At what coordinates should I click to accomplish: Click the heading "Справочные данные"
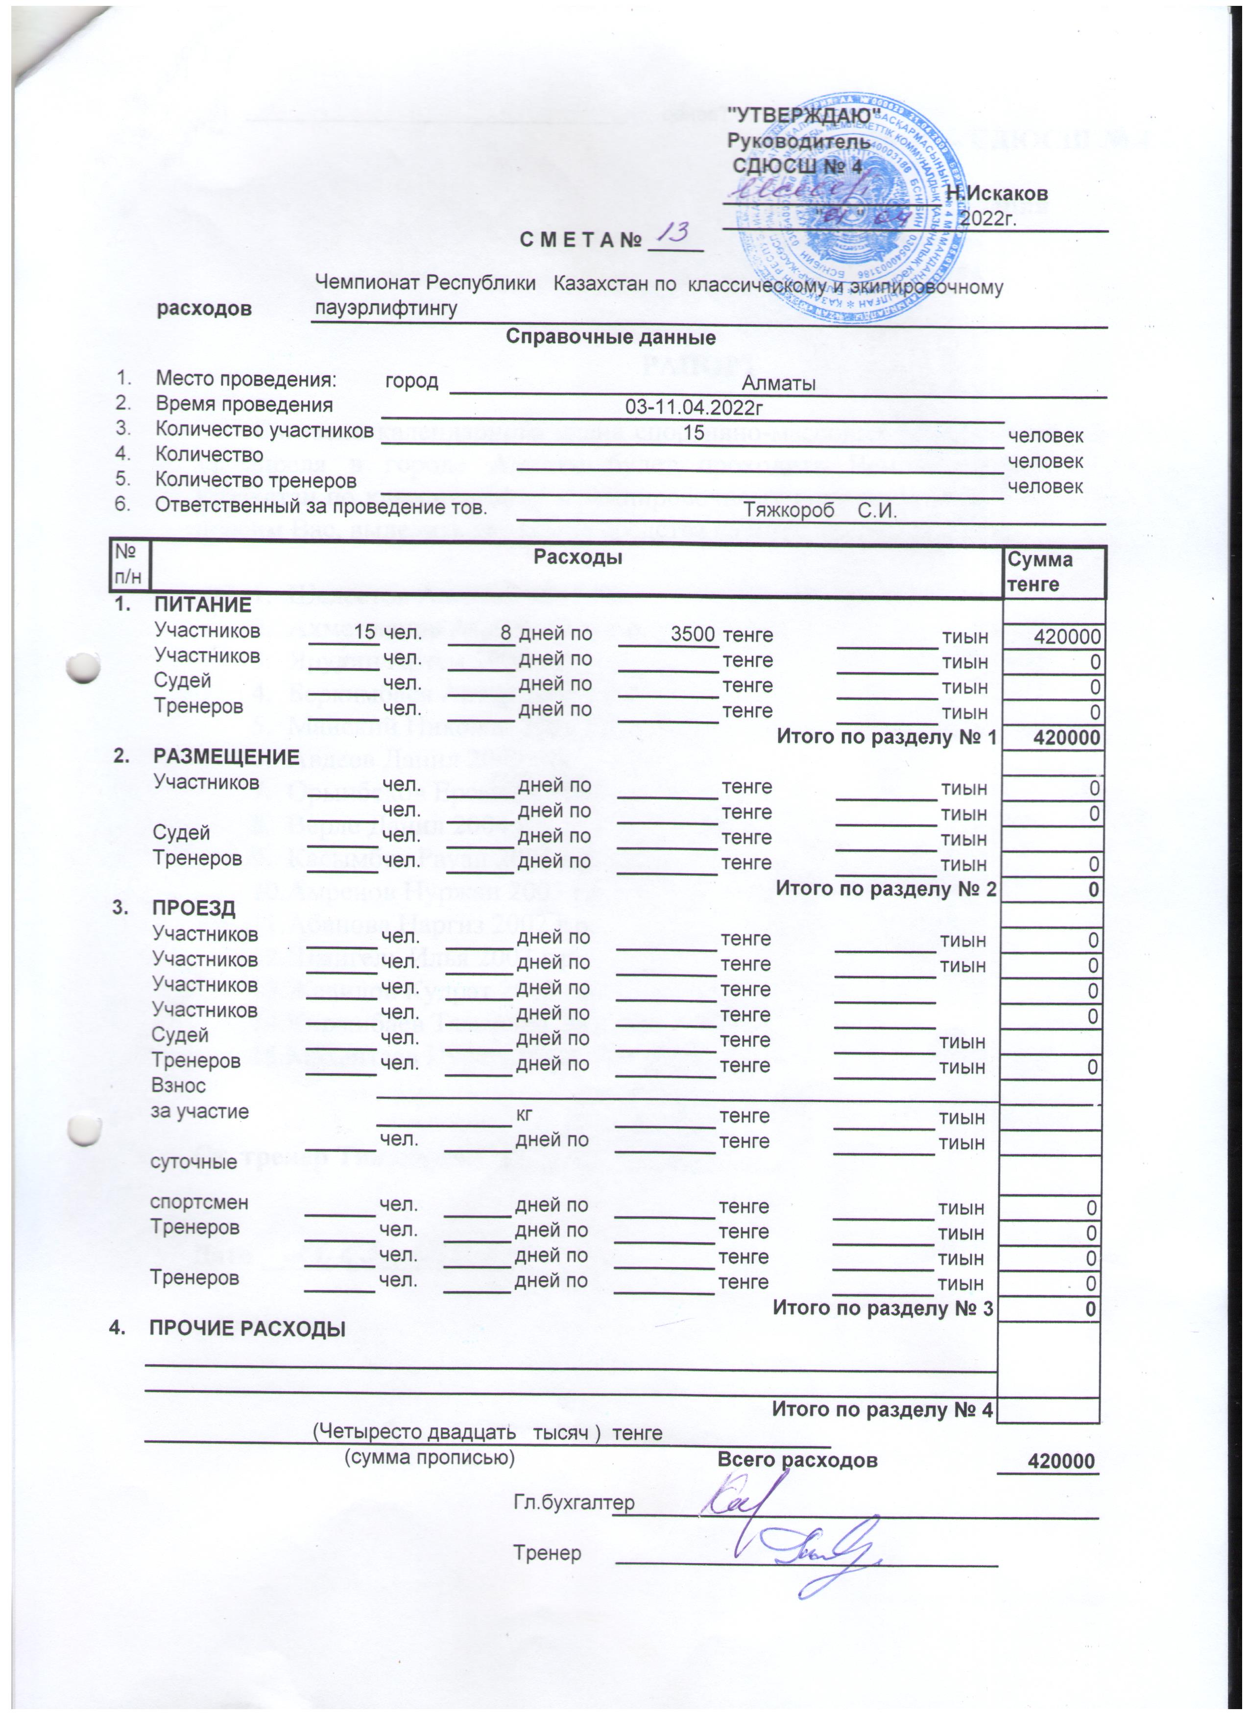610,337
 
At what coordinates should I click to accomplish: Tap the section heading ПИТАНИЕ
203,605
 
